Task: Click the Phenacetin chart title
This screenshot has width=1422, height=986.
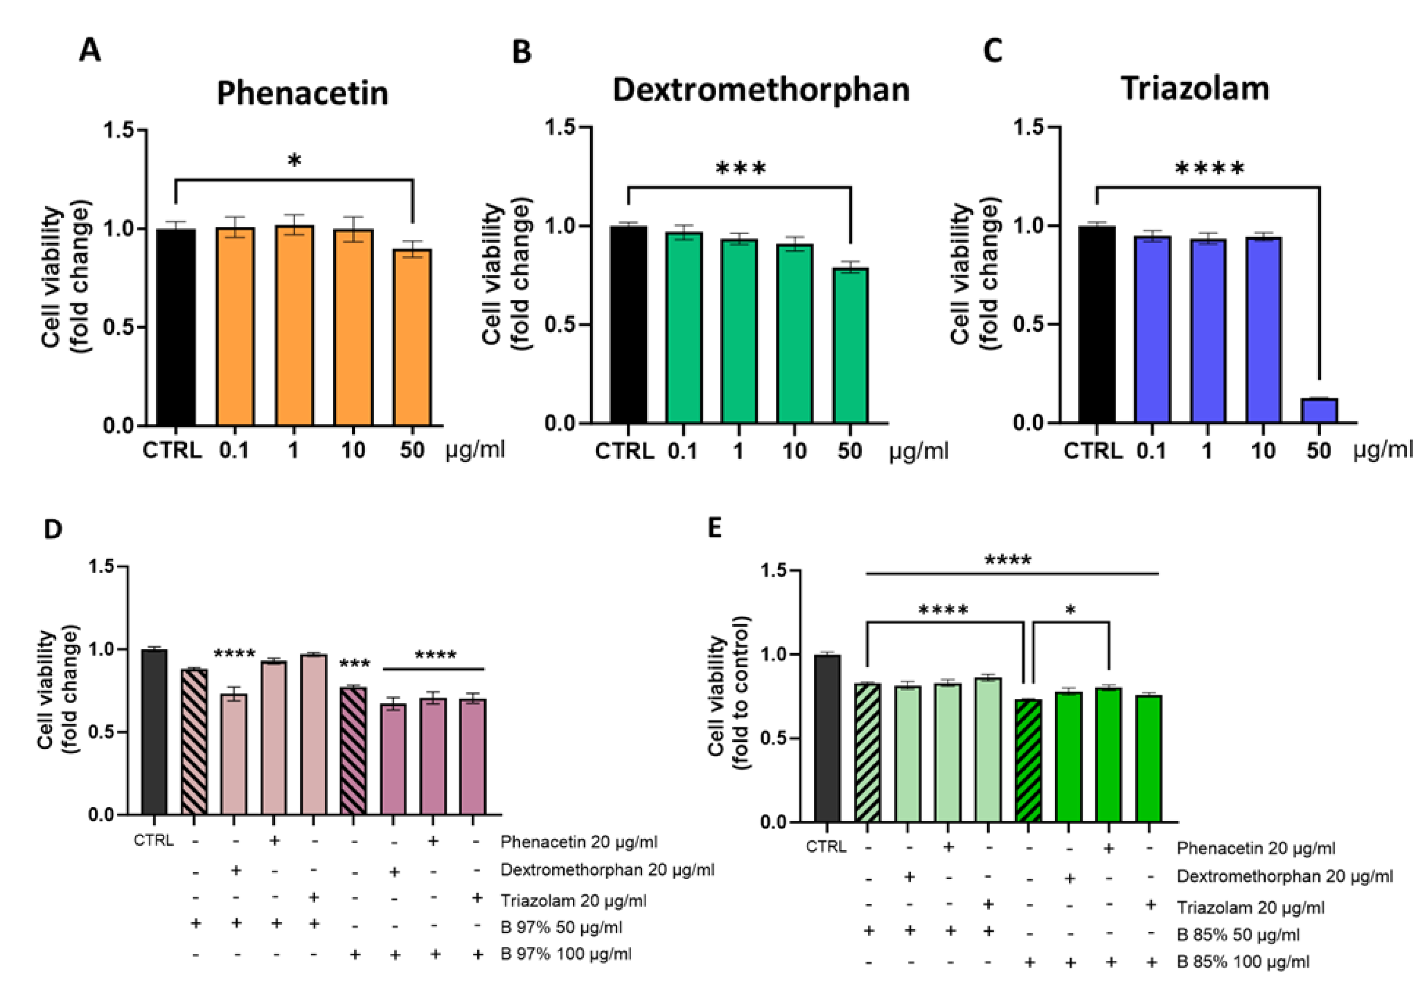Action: point(302,94)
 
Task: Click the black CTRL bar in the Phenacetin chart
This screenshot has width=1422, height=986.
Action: point(175,328)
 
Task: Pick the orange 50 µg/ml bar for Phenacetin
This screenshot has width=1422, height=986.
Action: point(412,337)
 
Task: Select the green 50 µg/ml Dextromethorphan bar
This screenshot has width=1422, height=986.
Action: point(850,346)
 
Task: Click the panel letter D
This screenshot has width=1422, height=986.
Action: point(53,529)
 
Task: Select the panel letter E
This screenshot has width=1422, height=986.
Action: point(715,528)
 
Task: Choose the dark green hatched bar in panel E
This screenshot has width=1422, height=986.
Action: point(1028,761)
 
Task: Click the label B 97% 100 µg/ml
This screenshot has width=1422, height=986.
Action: point(566,954)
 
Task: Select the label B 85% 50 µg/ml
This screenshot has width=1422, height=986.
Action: point(1238,935)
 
